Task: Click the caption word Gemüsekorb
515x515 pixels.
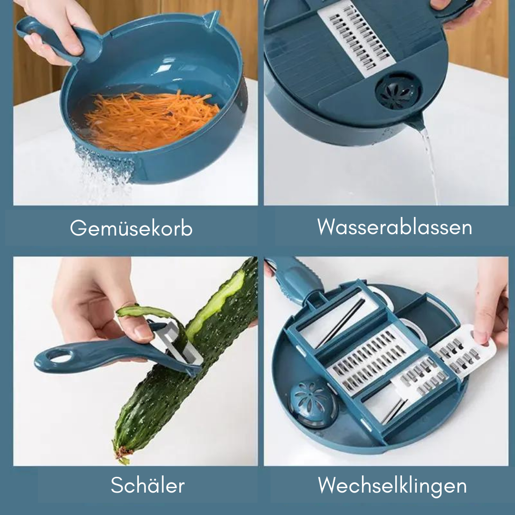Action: pos(131,228)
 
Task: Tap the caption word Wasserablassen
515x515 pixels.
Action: pos(394,227)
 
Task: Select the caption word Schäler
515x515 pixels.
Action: pos(147,485)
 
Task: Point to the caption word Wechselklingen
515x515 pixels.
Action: pos(392,486)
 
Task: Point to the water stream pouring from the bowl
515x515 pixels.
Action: pos(430,164)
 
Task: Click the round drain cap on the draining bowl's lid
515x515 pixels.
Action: pos(398,90)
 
